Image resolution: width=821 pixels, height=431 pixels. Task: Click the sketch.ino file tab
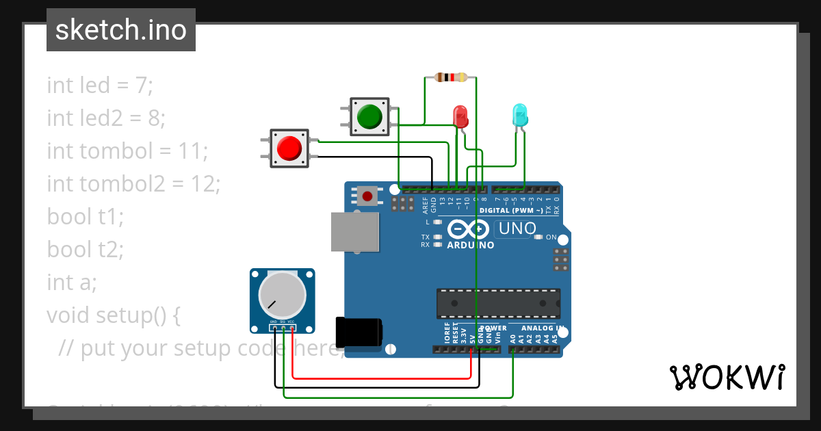click(x=121, y=30)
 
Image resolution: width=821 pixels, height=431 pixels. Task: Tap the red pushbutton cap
click(x=289, y=148)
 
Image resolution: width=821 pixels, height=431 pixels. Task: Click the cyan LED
click(x=520, y=114)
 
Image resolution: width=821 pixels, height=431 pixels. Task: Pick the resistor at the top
click(x=451, y=77)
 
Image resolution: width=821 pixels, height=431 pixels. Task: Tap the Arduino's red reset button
click(x=367, y=197)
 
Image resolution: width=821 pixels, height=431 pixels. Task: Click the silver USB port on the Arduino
click(x=355, y=231)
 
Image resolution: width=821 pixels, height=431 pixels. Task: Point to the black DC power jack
click(x=358, y=332)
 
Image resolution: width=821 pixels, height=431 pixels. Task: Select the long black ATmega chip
click(x=498, y=303)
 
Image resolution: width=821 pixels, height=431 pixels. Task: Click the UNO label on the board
click(x=517, y=228)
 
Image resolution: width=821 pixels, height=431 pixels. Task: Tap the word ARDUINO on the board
click(x=471, y=245)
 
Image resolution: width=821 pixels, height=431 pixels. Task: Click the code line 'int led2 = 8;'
click(x=106, y=118)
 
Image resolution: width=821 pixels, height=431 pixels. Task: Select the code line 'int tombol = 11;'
click(x=127, y=151)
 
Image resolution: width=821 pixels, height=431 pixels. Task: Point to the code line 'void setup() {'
click(x=113, y=315)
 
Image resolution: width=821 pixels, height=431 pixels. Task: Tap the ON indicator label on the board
click(x=551, y=237)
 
